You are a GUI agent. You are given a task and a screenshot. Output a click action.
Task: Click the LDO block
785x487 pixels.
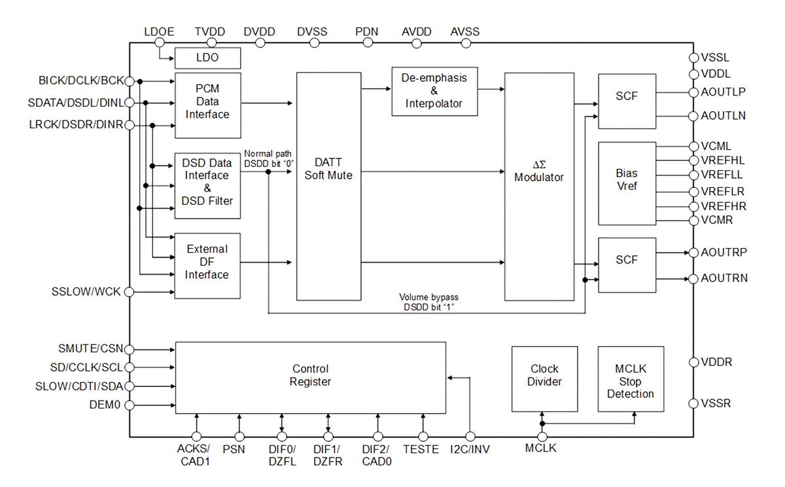(207, 58)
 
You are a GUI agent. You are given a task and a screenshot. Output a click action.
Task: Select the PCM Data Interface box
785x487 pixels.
(207, 105)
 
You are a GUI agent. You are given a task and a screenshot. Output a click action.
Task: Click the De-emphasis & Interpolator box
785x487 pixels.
(434, 91)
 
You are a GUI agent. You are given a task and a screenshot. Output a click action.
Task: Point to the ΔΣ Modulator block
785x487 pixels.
(539, 186)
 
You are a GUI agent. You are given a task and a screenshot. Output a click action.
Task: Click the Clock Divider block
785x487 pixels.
(544, 379)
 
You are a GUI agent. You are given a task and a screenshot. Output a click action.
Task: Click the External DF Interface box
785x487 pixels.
(207, 266)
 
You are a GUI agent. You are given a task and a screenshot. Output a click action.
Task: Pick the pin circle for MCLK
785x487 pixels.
(542, 437)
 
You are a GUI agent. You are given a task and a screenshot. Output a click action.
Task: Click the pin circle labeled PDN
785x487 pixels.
(366, 43)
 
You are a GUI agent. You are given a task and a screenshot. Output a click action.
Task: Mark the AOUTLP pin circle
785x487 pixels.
(693, 92)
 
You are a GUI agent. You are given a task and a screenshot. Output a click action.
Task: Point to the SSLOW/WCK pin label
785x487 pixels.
(86, 291)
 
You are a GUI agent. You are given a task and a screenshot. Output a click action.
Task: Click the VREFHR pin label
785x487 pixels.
(723, 206)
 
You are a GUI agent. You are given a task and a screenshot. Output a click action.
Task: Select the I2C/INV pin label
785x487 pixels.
(471, 449)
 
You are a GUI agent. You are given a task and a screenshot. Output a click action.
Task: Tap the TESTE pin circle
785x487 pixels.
(423, 437)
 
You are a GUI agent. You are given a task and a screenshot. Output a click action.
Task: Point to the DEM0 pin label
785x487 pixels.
(105, 405)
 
